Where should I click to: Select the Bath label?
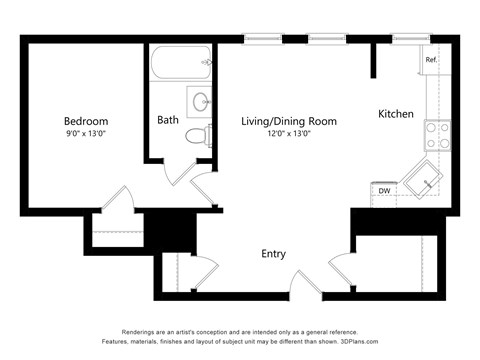pos(168,120)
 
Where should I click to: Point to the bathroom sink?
pos(200,101)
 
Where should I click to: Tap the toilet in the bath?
pos(200,135)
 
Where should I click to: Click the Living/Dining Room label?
pos(288,121)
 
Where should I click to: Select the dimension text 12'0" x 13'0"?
pos(288,135)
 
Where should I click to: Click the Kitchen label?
pos(395,114)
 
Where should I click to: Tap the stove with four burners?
pos(436,134)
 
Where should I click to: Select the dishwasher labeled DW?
pos(384,190)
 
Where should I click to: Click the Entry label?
pos(275,254)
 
